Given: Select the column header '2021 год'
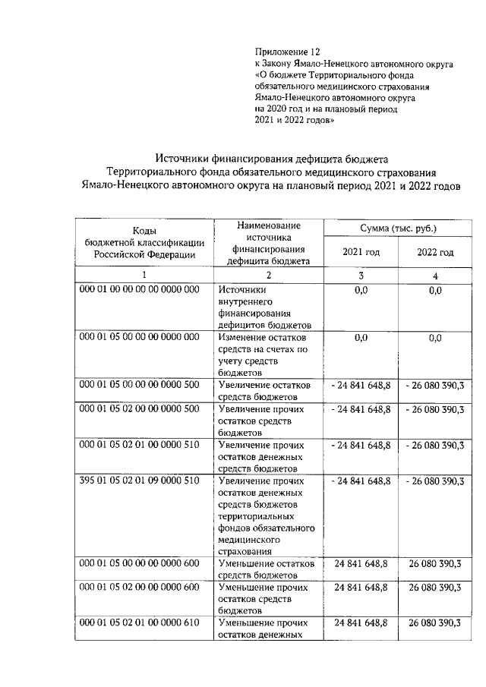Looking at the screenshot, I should [361, 252].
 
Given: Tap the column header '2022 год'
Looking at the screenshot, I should [435, 252].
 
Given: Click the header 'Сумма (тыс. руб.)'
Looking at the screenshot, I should [399, 228].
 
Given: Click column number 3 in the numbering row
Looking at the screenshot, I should [361, 276].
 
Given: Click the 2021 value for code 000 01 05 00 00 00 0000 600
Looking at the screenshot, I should [361, 563].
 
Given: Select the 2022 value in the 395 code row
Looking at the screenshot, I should [435, 481].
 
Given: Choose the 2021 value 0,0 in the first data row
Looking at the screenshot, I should [361, 290].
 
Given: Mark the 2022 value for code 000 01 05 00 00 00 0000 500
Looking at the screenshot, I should [435, 386].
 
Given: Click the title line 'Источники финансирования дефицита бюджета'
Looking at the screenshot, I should [271, 159].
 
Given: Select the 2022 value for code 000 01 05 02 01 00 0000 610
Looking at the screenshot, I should [435, 622].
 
